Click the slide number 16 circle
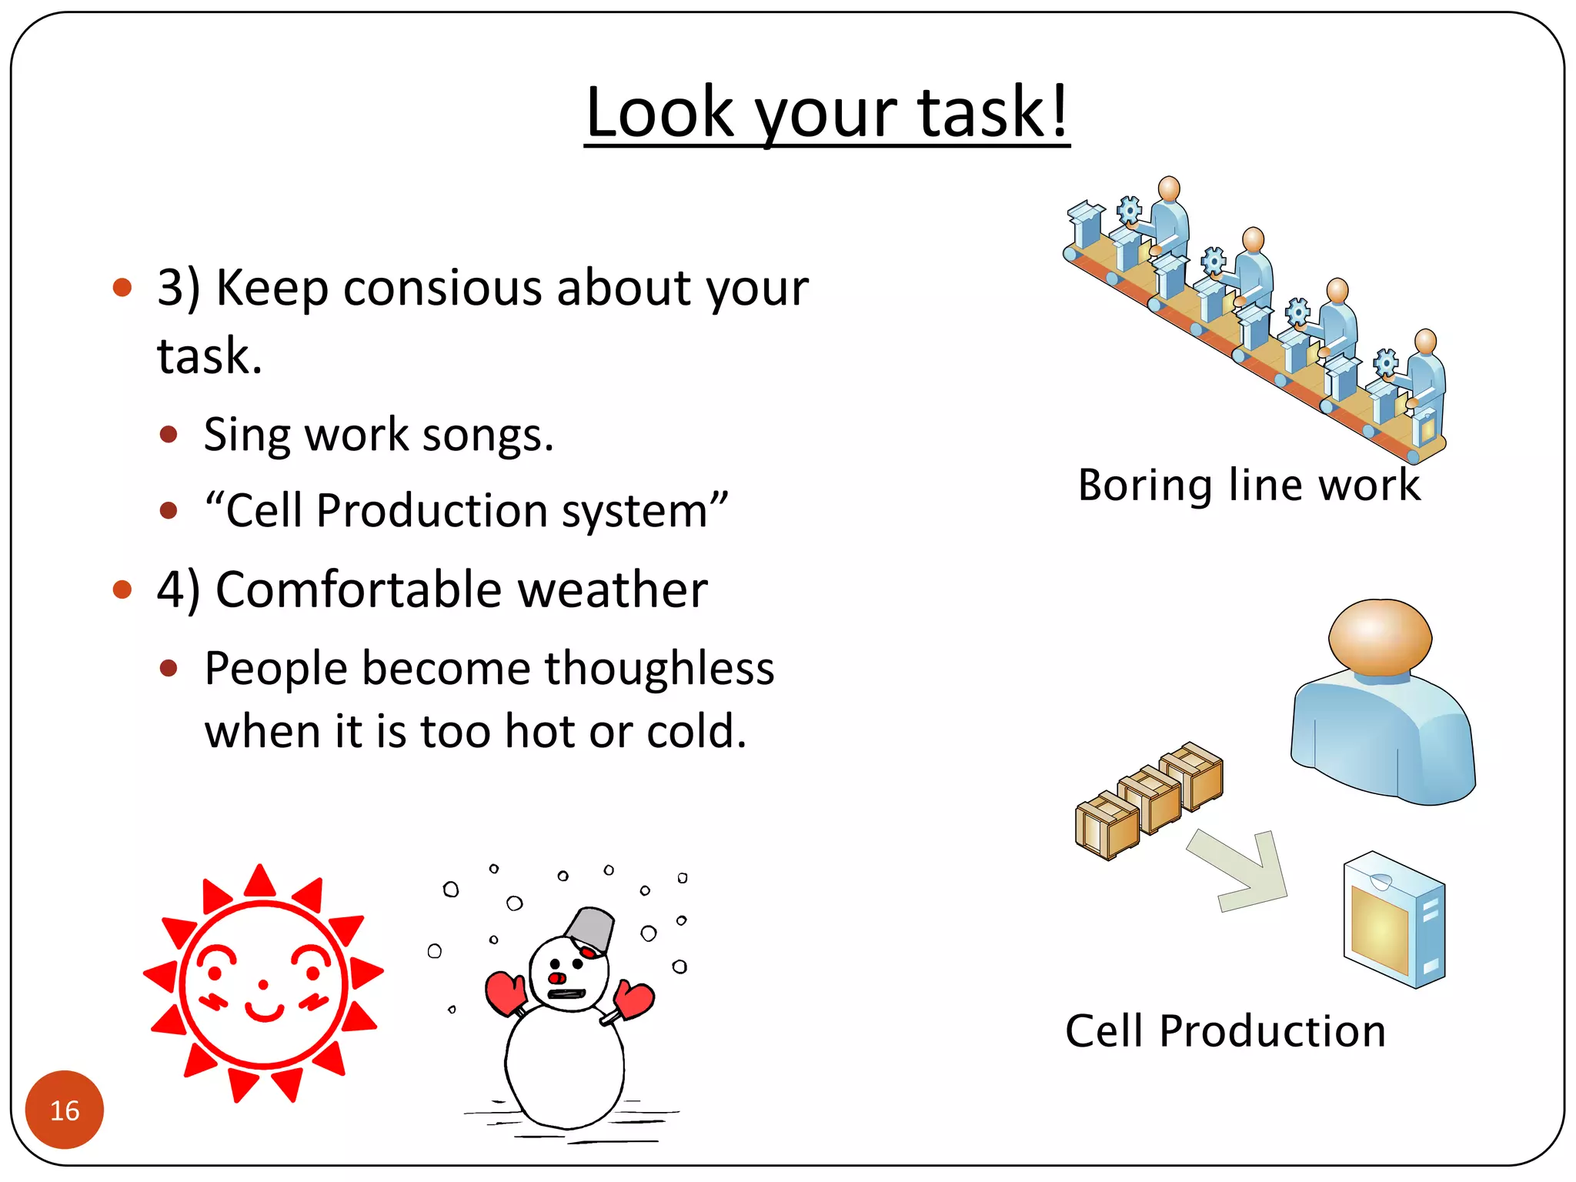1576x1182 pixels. point(65,1110)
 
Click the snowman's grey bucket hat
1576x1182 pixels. point(591,927)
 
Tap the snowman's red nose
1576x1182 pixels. point(557,978)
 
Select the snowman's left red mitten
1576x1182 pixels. point(505,993)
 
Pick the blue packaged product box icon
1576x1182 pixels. point(1394,920)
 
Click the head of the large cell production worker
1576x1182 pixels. point(1380,636)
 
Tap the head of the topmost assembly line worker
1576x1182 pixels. point(1169,188)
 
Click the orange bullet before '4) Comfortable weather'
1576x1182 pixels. point(122,590)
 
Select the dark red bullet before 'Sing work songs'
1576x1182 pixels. point(169,435)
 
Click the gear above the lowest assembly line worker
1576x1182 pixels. point(1386,362)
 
